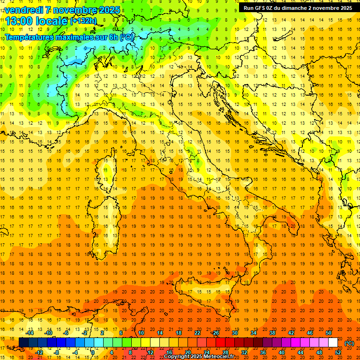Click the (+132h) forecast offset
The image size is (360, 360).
83,21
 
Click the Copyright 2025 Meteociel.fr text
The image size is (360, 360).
199,357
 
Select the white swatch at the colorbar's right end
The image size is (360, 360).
333,343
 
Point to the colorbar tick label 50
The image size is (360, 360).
329,333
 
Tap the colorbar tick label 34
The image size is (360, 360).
254,333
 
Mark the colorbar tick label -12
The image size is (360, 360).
39,352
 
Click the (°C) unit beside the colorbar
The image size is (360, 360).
349,343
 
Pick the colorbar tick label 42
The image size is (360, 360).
291,333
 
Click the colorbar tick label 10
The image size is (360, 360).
141,333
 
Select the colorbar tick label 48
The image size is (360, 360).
319,352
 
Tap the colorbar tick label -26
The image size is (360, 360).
215,333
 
